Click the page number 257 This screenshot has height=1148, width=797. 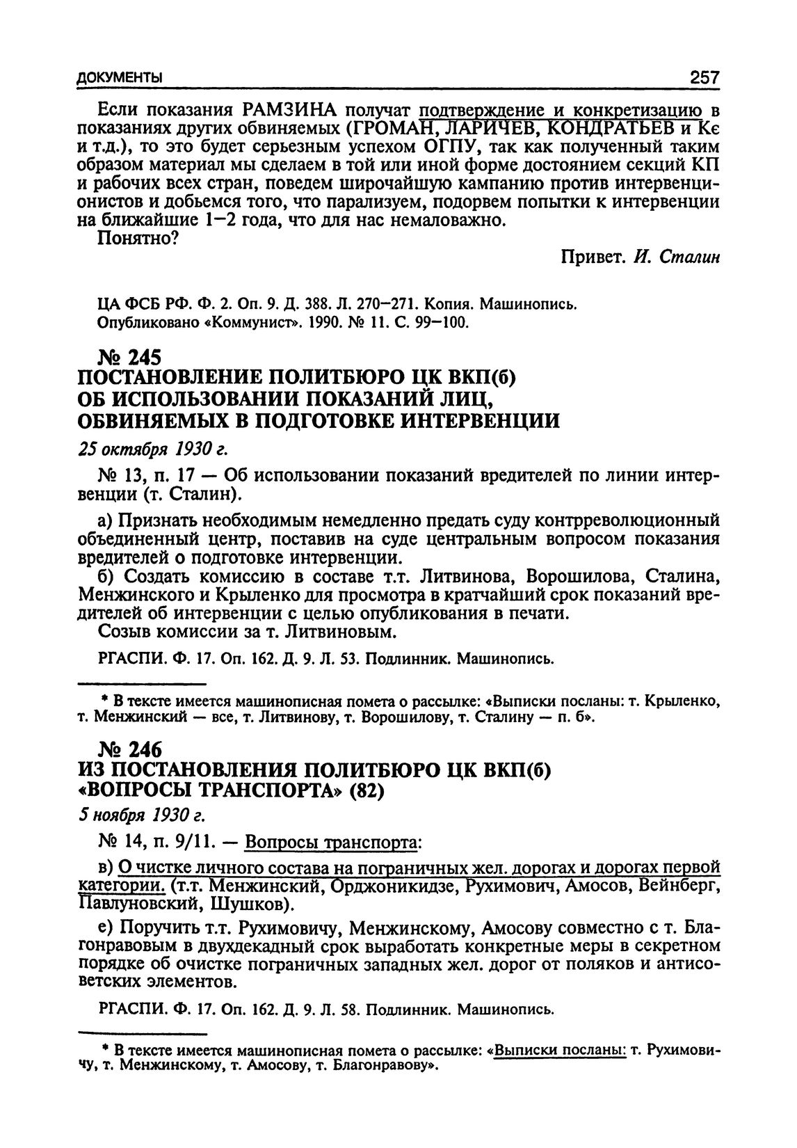703,77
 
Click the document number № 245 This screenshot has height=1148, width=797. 130,358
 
